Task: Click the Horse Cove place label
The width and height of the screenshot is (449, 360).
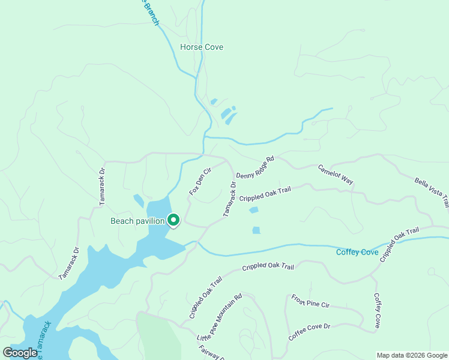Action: (x=201, y=47)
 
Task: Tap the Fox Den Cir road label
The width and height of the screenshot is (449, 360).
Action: (x=200, y=181)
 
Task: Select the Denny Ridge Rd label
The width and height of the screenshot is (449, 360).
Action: (x=255, y=169)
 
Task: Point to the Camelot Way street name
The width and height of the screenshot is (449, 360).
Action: (x=335, y=174)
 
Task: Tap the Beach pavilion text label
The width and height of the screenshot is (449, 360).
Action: (x=137, y=221)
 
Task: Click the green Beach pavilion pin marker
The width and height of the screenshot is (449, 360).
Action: (x=173, y=220)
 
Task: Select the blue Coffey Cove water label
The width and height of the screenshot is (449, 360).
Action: (x=357, y=252)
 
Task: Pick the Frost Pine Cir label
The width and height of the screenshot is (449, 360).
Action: (x=310, y=301)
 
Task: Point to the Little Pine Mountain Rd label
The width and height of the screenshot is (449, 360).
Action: (x=219, y=317)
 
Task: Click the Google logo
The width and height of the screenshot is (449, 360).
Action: (x=20, y=353)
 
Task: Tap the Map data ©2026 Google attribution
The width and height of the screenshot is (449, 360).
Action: (x=412, y=355)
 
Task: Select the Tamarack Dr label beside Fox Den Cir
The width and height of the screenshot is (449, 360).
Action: (x=229, y=199)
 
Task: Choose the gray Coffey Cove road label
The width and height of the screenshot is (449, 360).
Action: (x=377, y=310)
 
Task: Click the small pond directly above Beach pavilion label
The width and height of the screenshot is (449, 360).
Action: (x=139, y=200)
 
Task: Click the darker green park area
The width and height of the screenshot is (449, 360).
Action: (x=161, y=339)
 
